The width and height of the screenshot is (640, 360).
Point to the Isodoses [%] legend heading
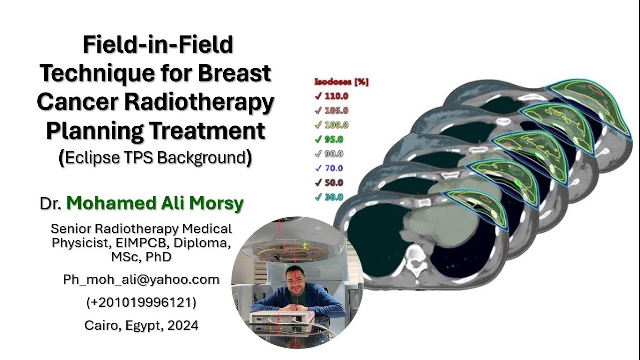click(x=341, y=82)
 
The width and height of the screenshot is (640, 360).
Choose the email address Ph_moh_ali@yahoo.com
click(x=141, y=279)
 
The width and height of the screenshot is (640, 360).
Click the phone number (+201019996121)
click(x=141, y=302)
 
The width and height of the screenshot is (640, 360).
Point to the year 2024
click(x=183, y=325)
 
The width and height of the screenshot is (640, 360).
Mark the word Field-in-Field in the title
click(x=158, y=45)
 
